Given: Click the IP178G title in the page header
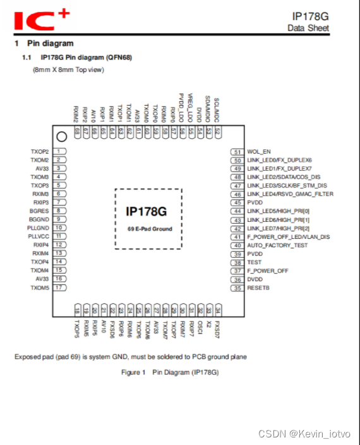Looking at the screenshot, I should click(310, 16).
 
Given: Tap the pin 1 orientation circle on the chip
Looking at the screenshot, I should click(61, 137).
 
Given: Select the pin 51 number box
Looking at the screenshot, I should click(237, 152).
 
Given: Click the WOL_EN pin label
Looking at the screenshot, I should click(260, 152).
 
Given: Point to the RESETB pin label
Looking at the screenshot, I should click(259, 288).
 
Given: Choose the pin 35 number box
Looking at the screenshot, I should click(237, 288).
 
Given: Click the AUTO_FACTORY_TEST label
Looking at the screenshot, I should click(277, 245).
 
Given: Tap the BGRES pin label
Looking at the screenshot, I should click(39, 211).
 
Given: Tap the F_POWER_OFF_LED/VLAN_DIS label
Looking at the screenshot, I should click(288, 237).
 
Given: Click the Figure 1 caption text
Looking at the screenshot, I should click(170, 373).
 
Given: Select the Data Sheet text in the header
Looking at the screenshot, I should click(308, 28).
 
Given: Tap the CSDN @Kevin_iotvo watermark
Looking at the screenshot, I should click(304, 434).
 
